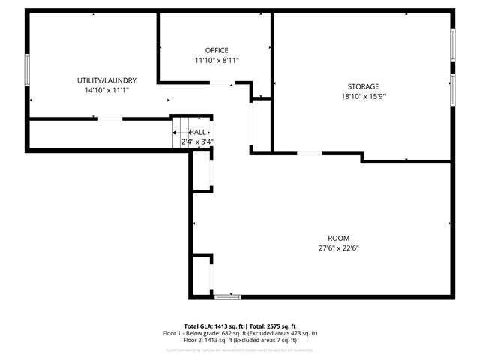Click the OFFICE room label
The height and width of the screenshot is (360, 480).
[217, 50]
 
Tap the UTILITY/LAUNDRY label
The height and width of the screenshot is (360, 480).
[106, 80]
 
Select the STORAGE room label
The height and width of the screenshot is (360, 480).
[363, 86]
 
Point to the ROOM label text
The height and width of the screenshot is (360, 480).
[339, 238]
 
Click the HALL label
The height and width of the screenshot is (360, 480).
[197, 132]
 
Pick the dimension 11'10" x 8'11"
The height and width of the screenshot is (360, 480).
[217, 60]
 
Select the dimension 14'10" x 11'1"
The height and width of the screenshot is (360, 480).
[106, 90]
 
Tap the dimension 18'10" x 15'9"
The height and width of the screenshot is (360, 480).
[363, 96]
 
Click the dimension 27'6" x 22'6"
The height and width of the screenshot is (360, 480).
[339, 248]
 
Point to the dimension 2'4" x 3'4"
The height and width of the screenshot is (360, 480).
[197, 142]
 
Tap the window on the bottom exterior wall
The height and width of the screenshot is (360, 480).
[225, 298]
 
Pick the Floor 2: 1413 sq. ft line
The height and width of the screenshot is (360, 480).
[240, 340]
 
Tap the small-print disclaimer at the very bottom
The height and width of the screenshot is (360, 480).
[240, 350]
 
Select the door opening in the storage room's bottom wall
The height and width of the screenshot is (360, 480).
[310, 153]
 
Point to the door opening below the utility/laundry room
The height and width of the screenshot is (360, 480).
[109, 118]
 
